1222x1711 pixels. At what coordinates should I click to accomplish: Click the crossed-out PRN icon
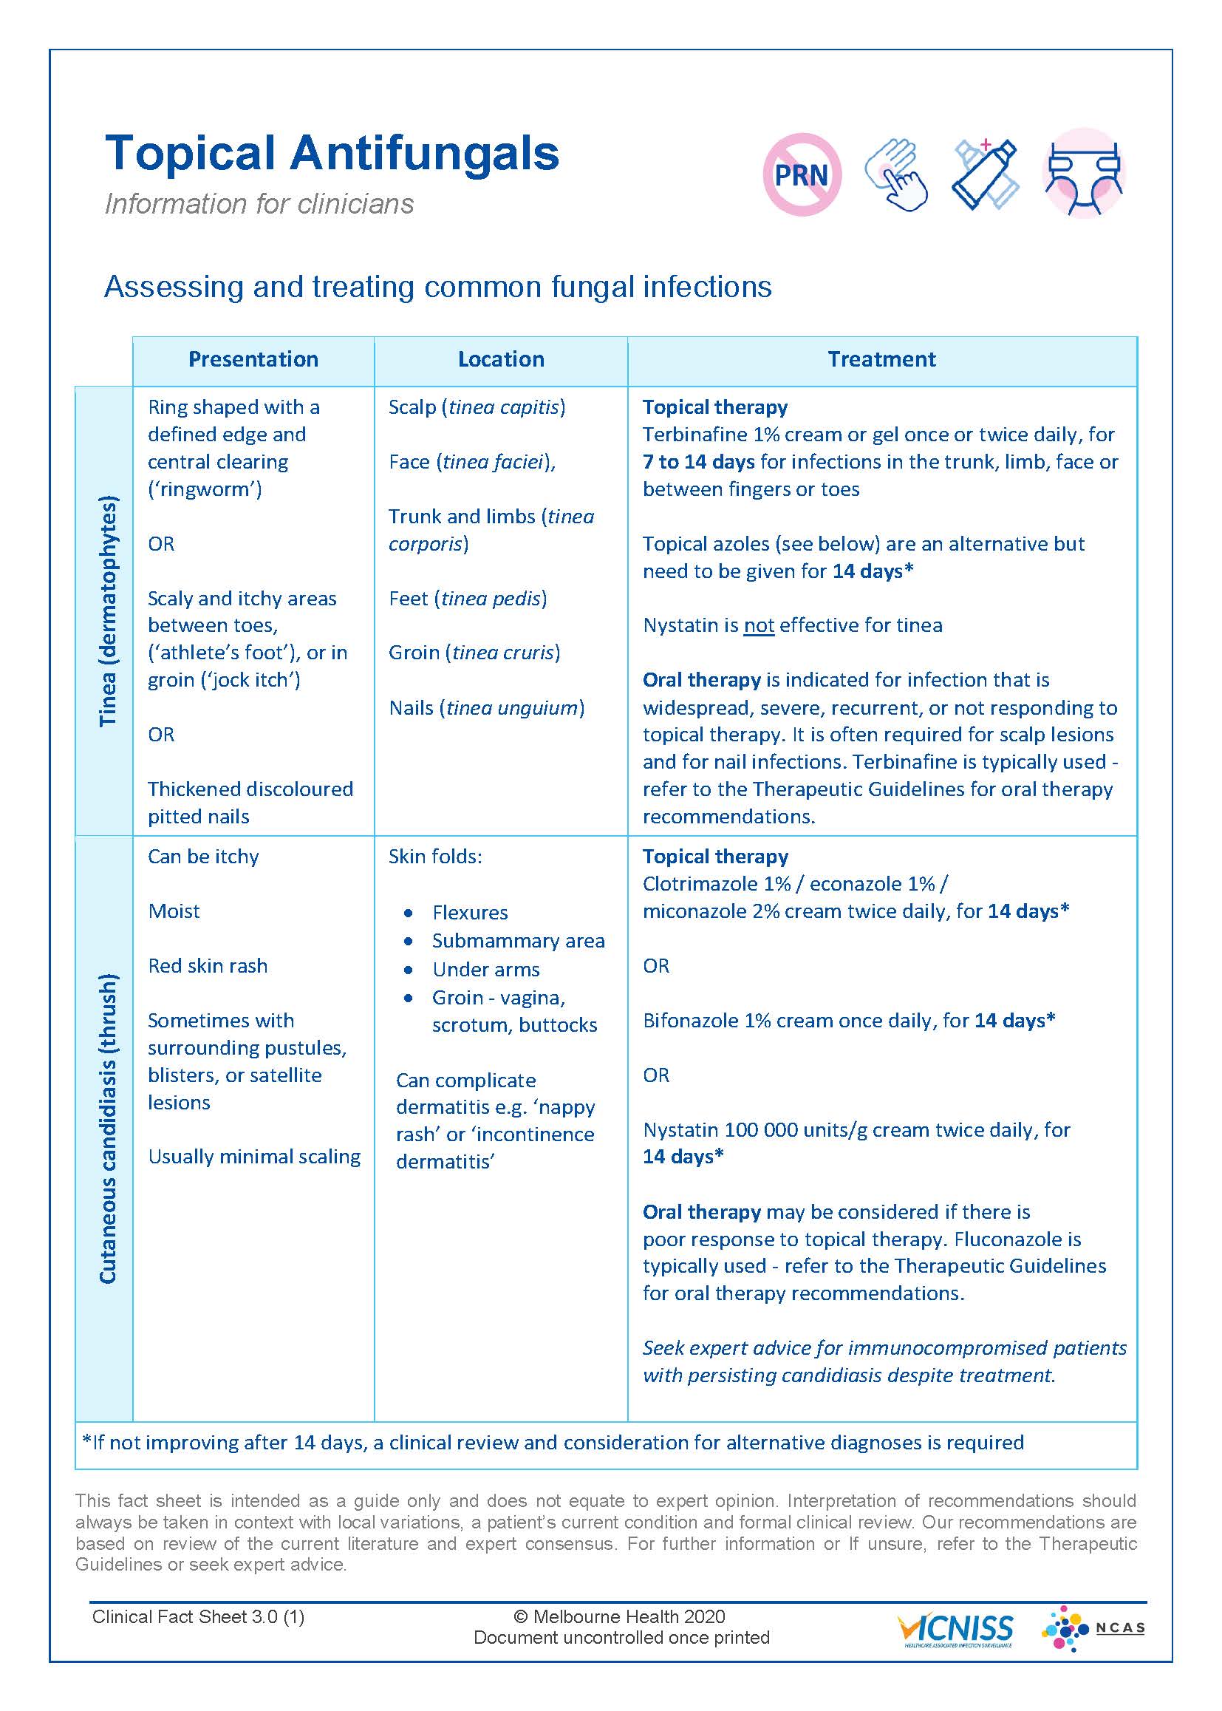tap(802, 175)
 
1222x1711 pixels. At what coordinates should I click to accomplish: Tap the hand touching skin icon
tap(895, 175)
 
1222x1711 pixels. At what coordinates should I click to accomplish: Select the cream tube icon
tap(985, 174)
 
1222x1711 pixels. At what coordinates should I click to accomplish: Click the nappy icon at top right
tap(1084, 174)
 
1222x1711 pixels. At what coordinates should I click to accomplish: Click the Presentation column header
tap(253, 360)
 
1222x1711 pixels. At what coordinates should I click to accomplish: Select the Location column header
tap(501, 360)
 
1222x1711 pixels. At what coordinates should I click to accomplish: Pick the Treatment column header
tap(882, 360)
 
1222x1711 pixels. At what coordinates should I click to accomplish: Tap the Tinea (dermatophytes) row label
tap(109, 610)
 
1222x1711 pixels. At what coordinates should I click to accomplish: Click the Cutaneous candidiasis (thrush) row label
tap(109, 1129)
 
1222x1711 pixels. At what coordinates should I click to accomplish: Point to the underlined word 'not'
tap(759, 625)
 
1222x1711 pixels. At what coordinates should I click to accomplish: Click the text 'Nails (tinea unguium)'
tap(486, 707)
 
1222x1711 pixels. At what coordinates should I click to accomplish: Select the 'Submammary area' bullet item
tap(518, 941)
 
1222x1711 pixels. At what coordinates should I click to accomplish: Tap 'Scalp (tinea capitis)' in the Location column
tap(477, 407)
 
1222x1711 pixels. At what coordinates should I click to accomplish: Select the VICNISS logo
tap(955, 1630)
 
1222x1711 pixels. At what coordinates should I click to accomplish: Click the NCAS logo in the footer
tap(1093, 1628)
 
